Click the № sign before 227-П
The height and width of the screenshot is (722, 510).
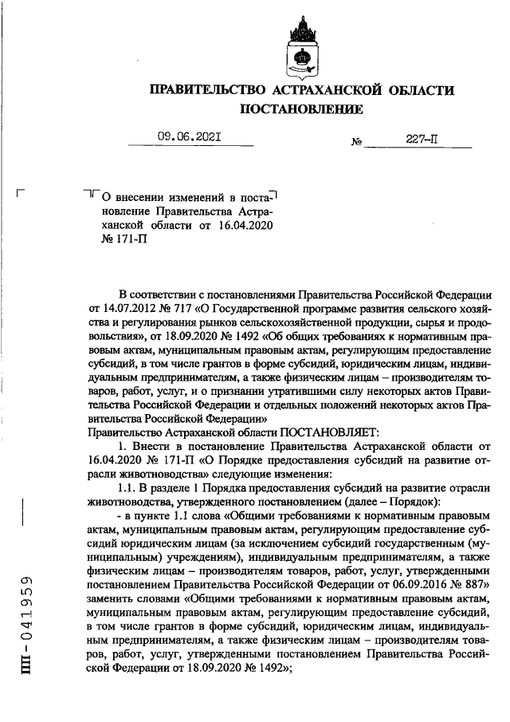tap(356, 142)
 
